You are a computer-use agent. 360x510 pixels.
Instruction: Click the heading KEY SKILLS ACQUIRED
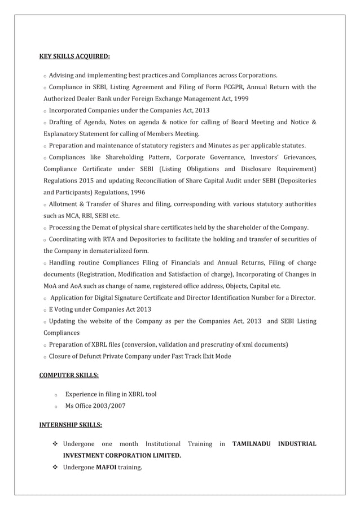(x=74, y=56)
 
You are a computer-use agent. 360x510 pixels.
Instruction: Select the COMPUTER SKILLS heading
(x=68, y=374)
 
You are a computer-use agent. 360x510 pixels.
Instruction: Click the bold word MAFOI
(x=106, y=468)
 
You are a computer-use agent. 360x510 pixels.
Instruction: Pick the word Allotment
(x=65, y=203)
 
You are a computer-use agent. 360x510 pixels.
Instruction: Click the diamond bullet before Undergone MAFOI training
(x=55, y=468)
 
